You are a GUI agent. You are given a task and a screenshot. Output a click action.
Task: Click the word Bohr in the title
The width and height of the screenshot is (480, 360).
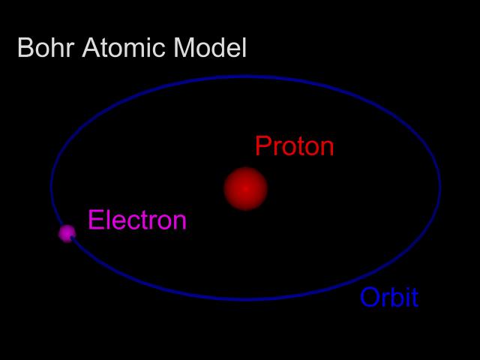(46, 48)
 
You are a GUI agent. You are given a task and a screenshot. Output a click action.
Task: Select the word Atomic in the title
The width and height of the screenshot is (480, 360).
(124, 48)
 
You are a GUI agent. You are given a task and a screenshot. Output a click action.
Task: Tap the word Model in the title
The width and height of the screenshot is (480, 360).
(210, 48)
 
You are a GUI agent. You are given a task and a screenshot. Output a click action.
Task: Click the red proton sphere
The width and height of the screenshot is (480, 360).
(245, 188)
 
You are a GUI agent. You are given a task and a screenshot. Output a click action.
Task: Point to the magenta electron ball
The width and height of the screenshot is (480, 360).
(67, 233)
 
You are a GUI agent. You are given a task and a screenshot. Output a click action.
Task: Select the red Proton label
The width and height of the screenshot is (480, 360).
(295, 145)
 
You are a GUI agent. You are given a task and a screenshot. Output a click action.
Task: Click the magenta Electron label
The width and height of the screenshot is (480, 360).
(137, 220)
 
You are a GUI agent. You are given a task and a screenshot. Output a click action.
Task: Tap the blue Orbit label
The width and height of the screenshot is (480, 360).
(389, 297)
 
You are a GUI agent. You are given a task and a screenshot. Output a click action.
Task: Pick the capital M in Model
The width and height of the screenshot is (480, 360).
(183, 48)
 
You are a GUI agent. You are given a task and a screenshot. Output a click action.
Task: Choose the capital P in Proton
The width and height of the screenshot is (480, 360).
(263, 145)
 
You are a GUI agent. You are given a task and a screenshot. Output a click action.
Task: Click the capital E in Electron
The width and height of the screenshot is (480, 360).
(95, 220)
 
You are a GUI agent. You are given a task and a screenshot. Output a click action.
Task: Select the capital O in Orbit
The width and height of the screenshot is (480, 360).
(370, 297)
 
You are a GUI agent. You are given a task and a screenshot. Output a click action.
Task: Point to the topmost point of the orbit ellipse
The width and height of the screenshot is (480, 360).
(245, 76)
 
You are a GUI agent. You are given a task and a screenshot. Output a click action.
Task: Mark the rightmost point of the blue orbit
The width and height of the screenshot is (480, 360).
(440, 186)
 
